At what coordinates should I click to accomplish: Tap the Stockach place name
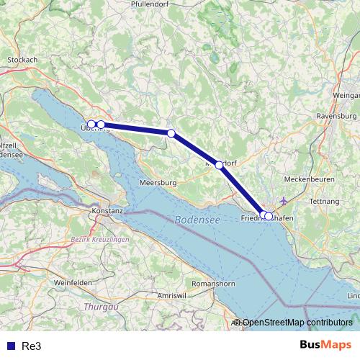pyautogui.click(x=22, y=60)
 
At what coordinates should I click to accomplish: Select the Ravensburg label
pyautogui.click(x=336, y=115)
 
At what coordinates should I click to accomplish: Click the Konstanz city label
pyautogui.click(x=107, y=210)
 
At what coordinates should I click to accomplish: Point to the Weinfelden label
pyautogui.click(x=73, y=283)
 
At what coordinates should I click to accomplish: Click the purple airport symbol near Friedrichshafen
pyautogui.click(x=282, y=200)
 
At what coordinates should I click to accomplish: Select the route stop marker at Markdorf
pyautogui.click(x=219, y=165)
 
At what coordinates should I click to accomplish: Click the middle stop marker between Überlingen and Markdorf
pyautogui.click(x=171, y=133)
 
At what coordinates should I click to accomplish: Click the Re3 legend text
pyautogui.click(x=32, y=346)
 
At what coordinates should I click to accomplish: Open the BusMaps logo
pyautogui.click(x=326, y=345)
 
